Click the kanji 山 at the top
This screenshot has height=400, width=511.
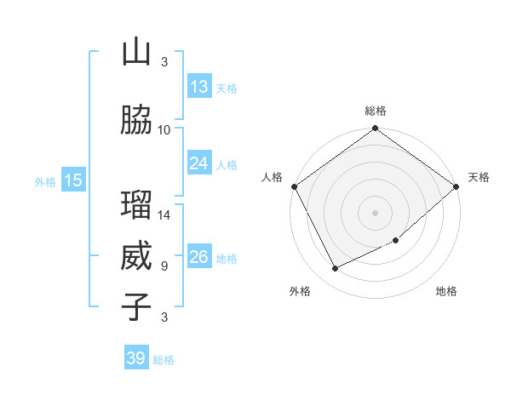point(136,53)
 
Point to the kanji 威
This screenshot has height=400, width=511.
point(136,256)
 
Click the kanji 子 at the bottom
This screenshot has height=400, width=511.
point(136,306)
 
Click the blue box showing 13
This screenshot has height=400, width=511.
point(199,87)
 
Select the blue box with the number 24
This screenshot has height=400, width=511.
point(199,163)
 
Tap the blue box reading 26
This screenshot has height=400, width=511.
point(199,257)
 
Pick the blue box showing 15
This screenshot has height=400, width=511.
point(73,180)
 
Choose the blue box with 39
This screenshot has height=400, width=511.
point(136,358)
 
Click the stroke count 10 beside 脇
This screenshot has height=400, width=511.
point(164,129)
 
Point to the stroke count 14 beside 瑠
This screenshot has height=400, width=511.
point(164,214)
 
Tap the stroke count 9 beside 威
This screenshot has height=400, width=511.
point(164,266)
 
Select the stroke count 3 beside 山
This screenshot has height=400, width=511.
point(164,61)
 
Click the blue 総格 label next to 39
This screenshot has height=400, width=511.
point(164,360)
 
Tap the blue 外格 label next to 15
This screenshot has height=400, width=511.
point(44,181)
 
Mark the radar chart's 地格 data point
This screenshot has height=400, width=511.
point(396,241)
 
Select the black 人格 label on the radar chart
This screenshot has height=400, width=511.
point(273,177)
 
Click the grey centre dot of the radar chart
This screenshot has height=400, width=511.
point(375,212)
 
